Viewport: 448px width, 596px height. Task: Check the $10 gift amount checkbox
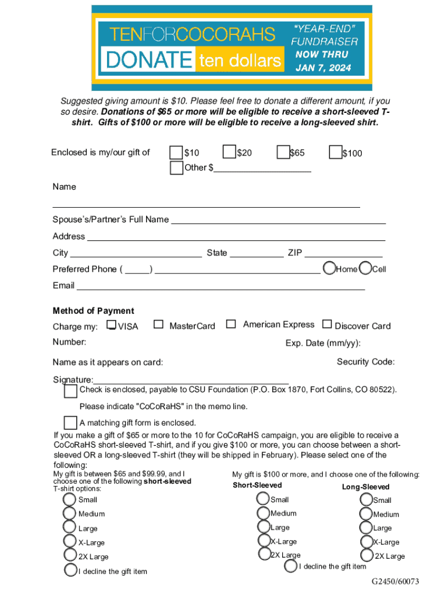[x=176, y=152]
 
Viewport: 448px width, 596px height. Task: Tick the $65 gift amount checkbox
[x=283, y=152]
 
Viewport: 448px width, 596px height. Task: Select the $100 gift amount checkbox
[x=335, y=152]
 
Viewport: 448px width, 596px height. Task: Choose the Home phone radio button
[x=330, y=268]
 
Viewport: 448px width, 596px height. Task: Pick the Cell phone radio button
[x=366, y=268]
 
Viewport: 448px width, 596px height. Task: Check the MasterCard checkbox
[x=158, y=325]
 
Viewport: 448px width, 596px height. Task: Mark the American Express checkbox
[x=232, y=324]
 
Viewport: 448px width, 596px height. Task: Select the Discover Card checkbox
[x=327, y=324]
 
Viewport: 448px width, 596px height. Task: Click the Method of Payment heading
[x=93, y=311]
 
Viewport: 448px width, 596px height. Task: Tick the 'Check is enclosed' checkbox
[x=70, y=391]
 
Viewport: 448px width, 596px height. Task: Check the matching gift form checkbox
[x=70, y=423]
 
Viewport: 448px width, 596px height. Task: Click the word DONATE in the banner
[x=148, y=59]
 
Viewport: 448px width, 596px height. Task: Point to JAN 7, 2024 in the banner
[x=323, y=68]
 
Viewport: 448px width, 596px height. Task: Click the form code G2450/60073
[x=396, y=582]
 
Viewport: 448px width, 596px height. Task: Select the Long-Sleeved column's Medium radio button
[x=366, y=514]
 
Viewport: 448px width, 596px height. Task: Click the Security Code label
[x=365, y=362]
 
